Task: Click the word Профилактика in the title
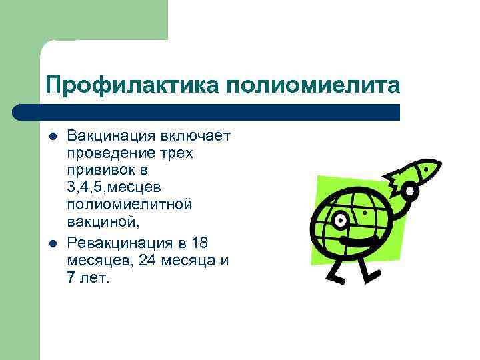[x=131, y=85]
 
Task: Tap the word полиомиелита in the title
[x=313, y=85]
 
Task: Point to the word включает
[x=195, y=136]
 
